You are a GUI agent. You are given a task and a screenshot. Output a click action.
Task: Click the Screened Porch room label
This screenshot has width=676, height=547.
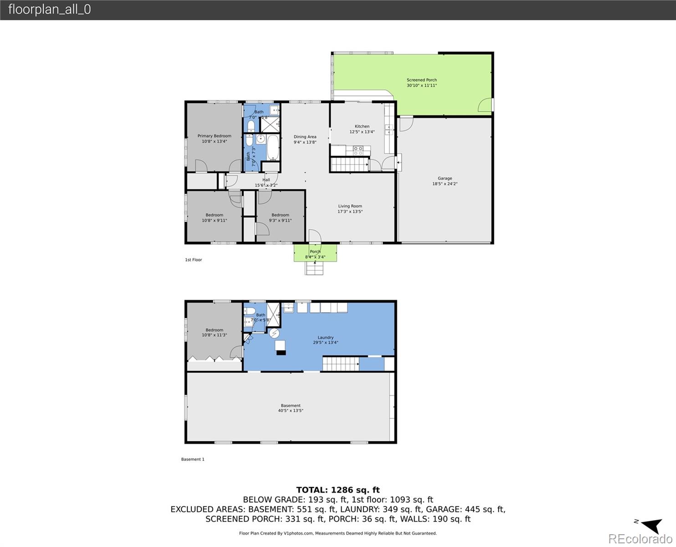click(421, 80)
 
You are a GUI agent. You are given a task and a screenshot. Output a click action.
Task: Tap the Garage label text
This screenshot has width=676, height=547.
click(445, 179)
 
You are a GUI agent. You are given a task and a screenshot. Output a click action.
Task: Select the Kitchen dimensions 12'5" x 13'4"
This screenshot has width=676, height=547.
click(362, 132)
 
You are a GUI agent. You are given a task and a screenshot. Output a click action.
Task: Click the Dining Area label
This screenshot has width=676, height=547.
click(305, 137)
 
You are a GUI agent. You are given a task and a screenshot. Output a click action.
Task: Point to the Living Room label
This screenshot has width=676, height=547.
click(350, 206)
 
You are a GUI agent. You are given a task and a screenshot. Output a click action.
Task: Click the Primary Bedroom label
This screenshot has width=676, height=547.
click(214, 136)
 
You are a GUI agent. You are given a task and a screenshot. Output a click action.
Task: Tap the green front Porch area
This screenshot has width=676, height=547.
click(315, 253)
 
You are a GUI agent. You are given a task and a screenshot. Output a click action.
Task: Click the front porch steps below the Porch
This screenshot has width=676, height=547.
click(314, 268)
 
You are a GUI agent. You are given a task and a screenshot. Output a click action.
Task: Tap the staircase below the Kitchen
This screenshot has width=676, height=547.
click(348, 164)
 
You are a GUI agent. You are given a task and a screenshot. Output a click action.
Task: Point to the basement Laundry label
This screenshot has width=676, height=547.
click(325, 338)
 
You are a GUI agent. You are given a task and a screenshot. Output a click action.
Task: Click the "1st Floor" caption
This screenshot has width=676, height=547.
click(193, 260)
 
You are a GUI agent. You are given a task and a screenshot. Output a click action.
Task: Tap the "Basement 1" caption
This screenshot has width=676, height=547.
click(193, 459)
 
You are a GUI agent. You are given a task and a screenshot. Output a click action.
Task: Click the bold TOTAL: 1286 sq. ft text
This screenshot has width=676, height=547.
click(338, 490)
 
